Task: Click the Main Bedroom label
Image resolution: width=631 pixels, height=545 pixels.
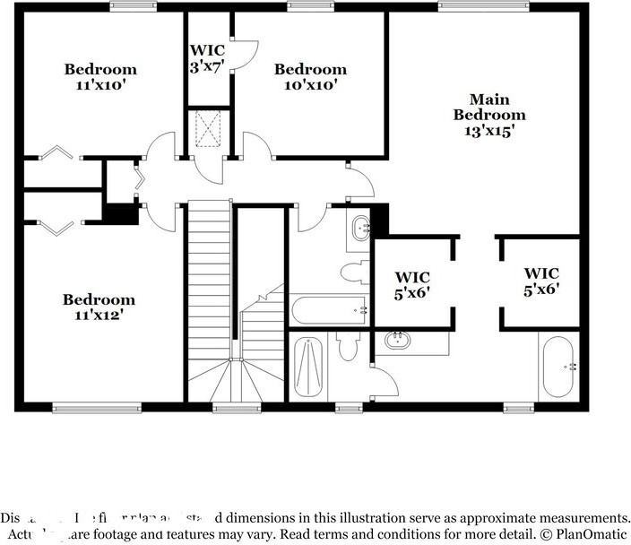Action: point(488,107)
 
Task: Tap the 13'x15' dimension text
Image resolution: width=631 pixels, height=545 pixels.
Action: point(488,130)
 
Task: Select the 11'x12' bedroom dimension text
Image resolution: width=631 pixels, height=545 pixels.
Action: point(99,315)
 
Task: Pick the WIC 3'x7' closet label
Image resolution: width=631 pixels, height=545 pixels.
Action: point(207,58)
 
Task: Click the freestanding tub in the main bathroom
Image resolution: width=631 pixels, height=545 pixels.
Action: point(560,367)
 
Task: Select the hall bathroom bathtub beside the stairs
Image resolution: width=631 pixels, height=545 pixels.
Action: point(328,310)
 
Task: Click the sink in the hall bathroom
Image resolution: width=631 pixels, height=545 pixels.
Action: point(360,228)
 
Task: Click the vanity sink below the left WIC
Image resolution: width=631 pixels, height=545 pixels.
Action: point(397,340)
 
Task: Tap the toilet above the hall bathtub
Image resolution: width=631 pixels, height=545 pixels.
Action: point(352,272)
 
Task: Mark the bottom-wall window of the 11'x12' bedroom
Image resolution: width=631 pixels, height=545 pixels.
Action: point(85,408)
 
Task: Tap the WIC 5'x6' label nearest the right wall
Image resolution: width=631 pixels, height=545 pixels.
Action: point(541,281)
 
